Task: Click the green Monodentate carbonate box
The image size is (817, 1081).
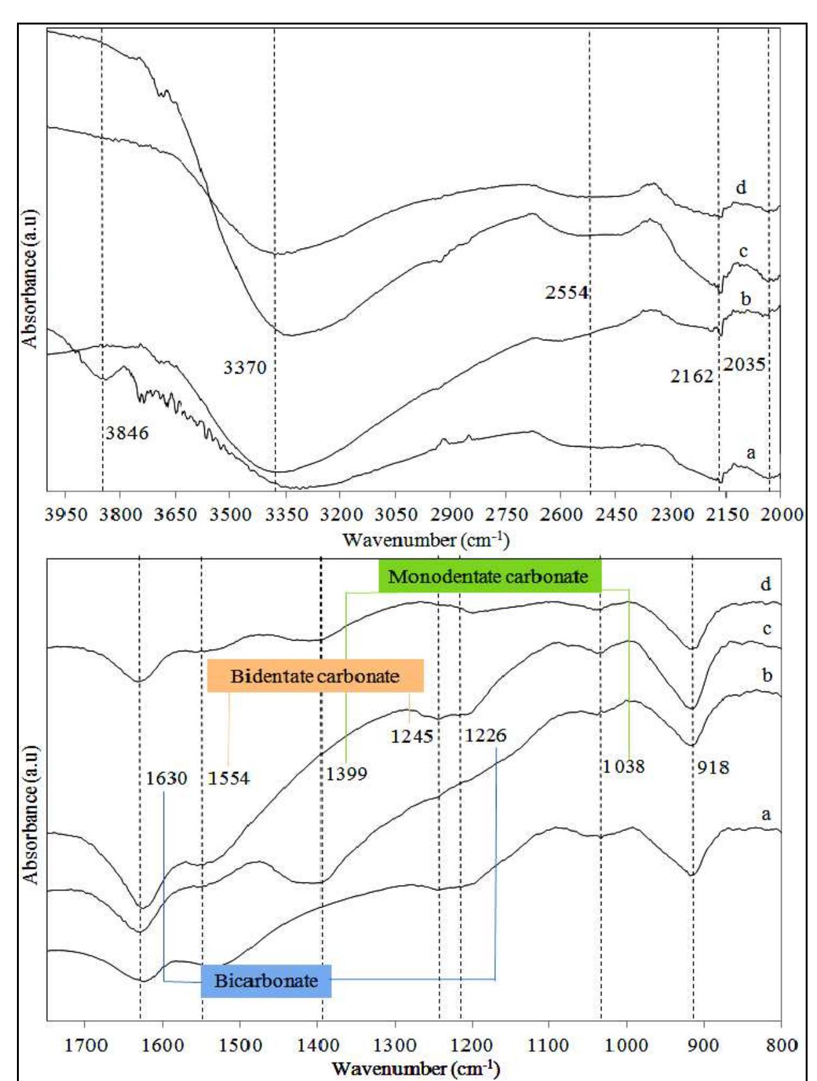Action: [x=488, y=576]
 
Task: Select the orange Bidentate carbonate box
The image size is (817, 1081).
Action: [x=315, y=676]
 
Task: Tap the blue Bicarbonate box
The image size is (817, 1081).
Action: [x=266, y=981]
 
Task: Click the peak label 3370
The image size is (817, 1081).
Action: [x=245, y=367]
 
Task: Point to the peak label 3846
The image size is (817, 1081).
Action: [x=127, y=433]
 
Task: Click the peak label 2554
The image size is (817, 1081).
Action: [x=566, y=293]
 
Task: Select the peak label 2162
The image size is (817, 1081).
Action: [x=691, y=376]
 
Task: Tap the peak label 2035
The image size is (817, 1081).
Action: [x=744, y=364]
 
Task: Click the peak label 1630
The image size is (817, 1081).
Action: [x=167, y=778]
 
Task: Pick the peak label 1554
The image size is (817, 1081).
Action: [x=229, y=778]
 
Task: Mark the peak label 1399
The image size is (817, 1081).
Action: [x=346, y=773]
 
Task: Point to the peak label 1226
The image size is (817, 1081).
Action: [x=485, y=735]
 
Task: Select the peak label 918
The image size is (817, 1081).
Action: [x=713, y=766]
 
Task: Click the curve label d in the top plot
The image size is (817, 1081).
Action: [x=741, y=187]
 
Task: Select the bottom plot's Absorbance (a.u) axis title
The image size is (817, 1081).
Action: [x=30, y=815]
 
